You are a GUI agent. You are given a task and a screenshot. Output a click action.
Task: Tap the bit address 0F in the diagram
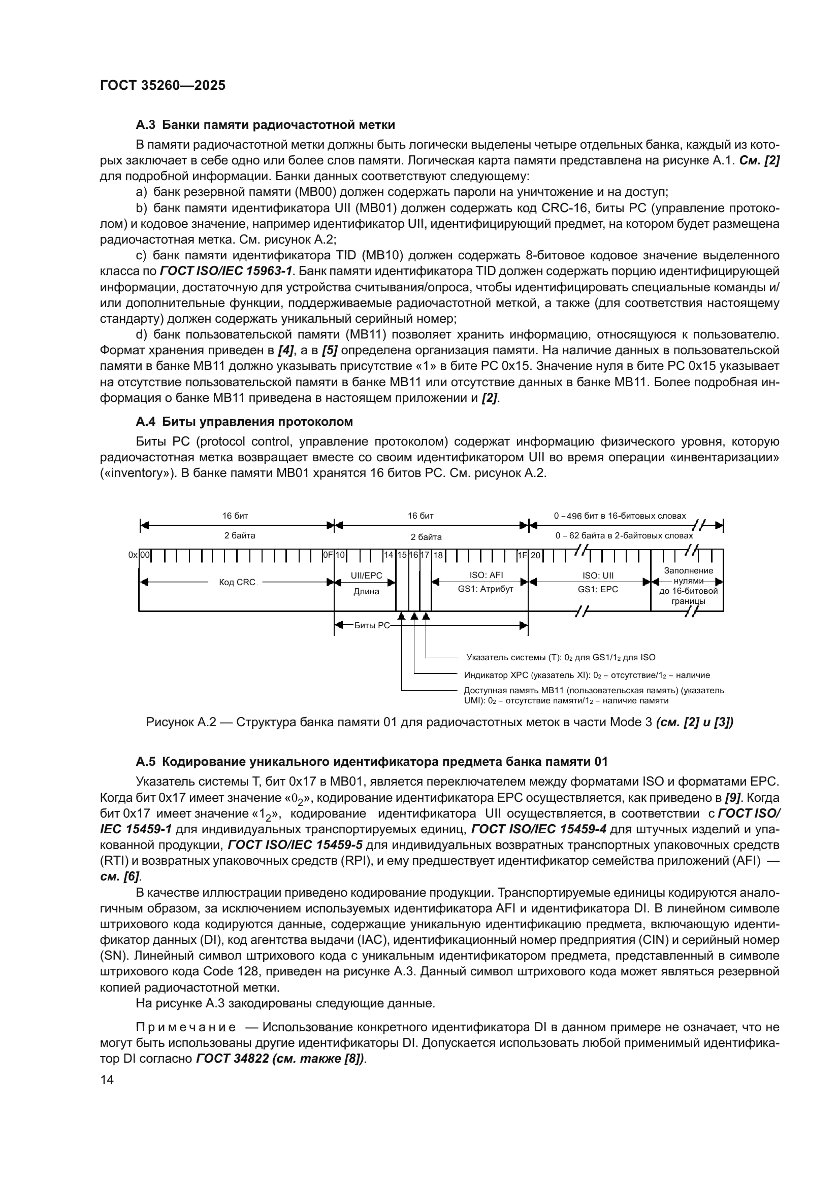[x=328, y=555]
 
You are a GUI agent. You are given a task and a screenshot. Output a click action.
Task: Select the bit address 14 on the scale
[x=389, y=555]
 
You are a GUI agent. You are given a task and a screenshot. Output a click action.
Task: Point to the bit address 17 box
[x=425, y=555]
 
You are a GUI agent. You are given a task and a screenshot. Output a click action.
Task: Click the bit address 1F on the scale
[x=523, y=555]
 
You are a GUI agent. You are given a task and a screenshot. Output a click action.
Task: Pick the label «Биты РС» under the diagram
[x=372, y=626]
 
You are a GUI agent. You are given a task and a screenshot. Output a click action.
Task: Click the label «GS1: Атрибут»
[x=485, y=589]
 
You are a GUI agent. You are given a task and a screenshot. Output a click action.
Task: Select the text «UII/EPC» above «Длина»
[x=366, y=575]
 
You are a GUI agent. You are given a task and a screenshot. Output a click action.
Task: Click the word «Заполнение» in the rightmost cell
[x=689, y=571]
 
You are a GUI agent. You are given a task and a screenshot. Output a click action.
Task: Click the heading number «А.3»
[x=145, y=125]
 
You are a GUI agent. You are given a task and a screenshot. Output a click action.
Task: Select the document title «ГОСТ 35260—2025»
[x=163, y=85]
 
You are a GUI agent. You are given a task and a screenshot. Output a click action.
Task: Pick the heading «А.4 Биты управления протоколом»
[x=244, y=421]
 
